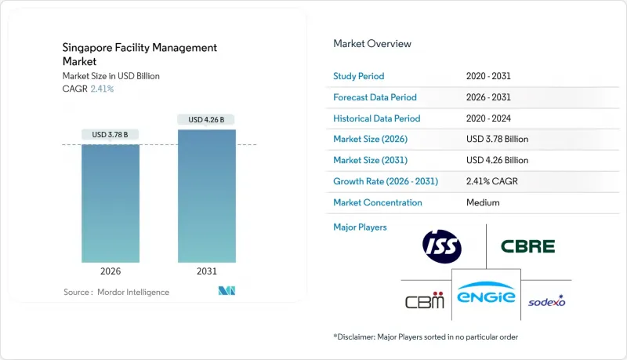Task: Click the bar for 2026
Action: click(111, 203)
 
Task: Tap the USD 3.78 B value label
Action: click(111, 135)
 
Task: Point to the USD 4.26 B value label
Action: click(206, 119)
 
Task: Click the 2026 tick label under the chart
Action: click(111, 272)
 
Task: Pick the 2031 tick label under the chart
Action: click(206, 272)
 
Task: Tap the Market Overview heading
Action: click(372, 44)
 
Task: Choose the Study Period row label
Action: click(360, 76)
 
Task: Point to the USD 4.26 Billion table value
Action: click(497, 160)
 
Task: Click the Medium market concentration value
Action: click(482, 202)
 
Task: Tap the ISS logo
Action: click(441, 246)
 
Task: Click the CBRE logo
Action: click(527, 246)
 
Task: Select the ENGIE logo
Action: click(485, 296)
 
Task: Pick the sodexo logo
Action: click(546, 301)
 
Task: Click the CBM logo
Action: click(425, 301)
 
